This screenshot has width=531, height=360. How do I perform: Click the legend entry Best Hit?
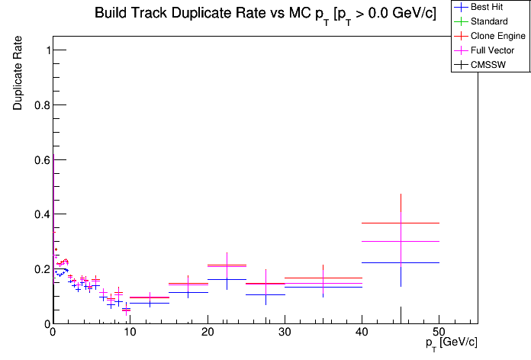[x=489, y=7]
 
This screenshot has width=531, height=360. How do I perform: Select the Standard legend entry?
[x=489, y=21]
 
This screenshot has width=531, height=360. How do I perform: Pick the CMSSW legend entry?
[x=489, y=65]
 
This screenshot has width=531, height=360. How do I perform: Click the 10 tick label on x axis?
[x=130, y=332]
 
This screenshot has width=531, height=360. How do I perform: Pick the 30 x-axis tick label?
[x=285, y=332]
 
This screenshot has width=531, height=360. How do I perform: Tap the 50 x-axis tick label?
[x=439, y=332]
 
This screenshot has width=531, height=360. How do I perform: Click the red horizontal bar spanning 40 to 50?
[x=381, y=223]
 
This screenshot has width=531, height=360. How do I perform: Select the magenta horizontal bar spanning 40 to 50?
[x=381, y=241]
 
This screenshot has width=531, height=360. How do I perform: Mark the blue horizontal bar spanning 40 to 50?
[x=381, y=262]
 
